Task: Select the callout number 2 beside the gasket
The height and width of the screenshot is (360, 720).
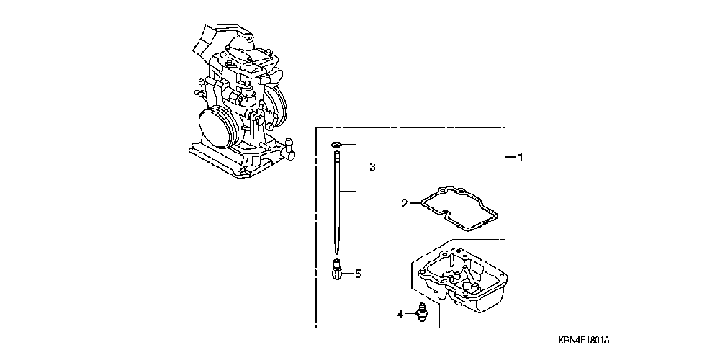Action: [x=405, y=204]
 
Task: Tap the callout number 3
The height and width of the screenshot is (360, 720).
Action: [x=372, y=168]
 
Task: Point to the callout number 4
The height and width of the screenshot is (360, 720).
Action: [x=400, y=313]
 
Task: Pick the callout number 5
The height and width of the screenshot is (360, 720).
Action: [x=356, y=274]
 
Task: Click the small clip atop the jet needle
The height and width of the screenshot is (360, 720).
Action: [x=337, y=147]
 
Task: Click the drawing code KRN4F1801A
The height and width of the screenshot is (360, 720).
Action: [x=588, y=338]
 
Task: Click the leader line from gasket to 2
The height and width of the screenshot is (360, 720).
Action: [x=416, y=204]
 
